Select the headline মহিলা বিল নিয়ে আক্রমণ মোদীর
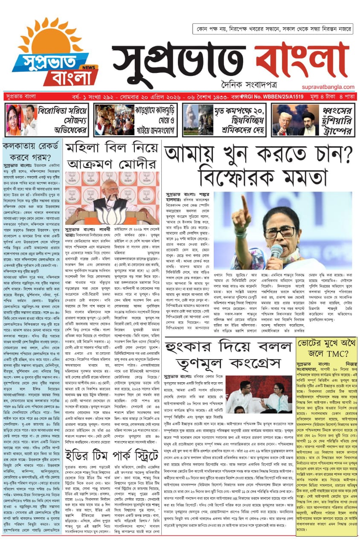pyautogui.click(x=112, y=155)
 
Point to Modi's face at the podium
pyautogui.click(x=110, y=188)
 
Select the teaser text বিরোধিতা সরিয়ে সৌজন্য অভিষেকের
pyautogui.click(x=62, y=120)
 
